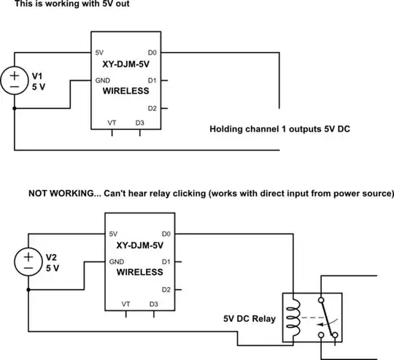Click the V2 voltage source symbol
tap(29, 262)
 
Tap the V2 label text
tap(51, 258)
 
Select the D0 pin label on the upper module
tap(151, 53)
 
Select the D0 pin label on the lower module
tap(165, 234)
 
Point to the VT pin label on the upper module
tap(112, 122)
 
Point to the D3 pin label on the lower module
tap(153, 303)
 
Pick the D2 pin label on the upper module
tap(151, 108)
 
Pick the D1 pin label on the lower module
tap(165, 261)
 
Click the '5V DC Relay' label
tap(250, 319)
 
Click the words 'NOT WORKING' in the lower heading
tap(60, 194)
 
